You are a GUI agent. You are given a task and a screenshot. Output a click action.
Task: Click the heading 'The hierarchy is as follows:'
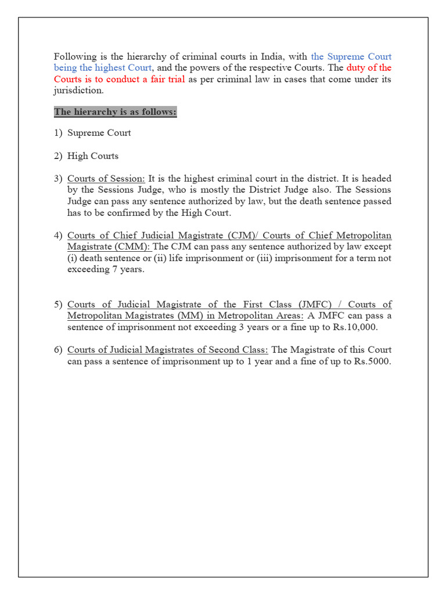tap(115, 112)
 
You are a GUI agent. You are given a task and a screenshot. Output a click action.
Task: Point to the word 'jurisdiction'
tap(78, 90)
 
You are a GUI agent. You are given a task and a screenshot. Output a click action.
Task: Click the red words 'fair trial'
tap(166, 79)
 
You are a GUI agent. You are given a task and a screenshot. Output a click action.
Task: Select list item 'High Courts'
tap(93, 156)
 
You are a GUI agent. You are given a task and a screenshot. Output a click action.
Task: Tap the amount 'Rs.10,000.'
tap(354, 327)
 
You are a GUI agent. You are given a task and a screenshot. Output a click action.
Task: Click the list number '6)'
tap(59, 350)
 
